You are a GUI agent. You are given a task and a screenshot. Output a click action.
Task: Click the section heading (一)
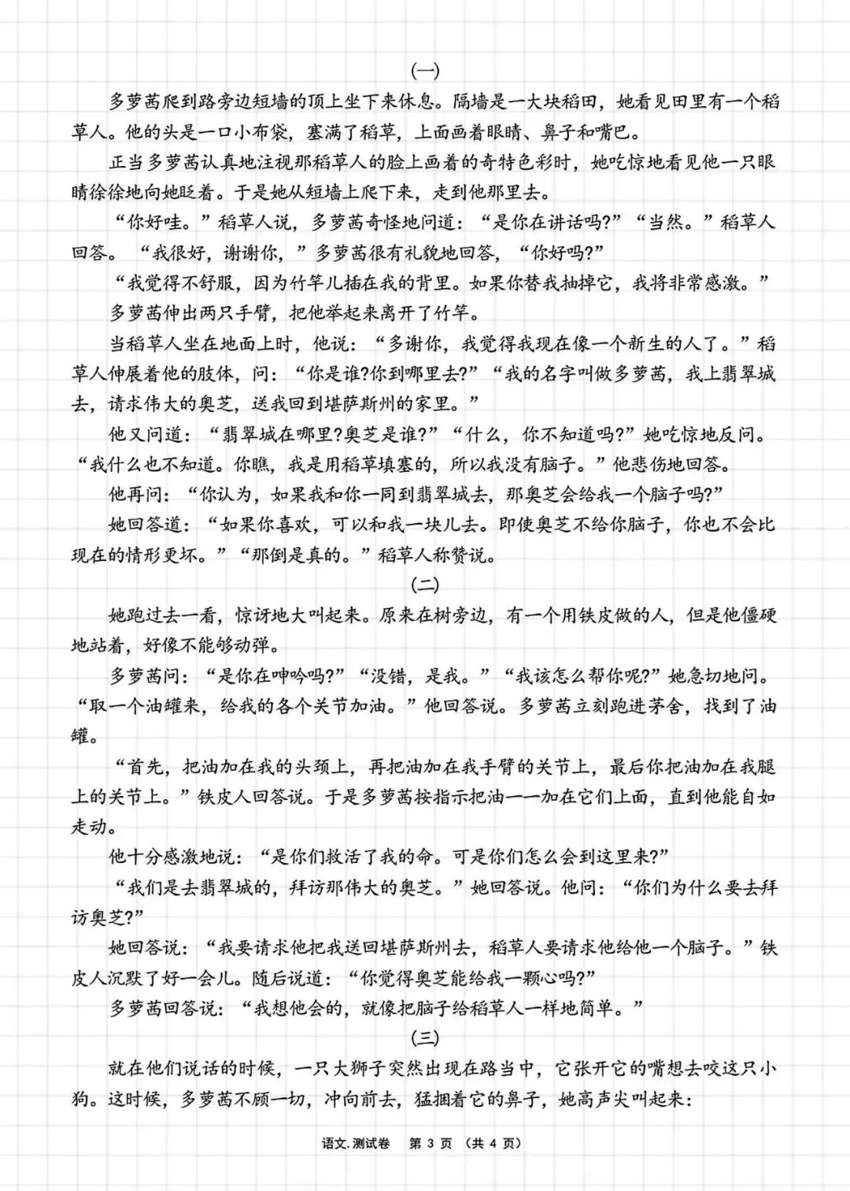click(425, 71)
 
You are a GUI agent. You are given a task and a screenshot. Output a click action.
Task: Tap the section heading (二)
click(425, 585)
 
